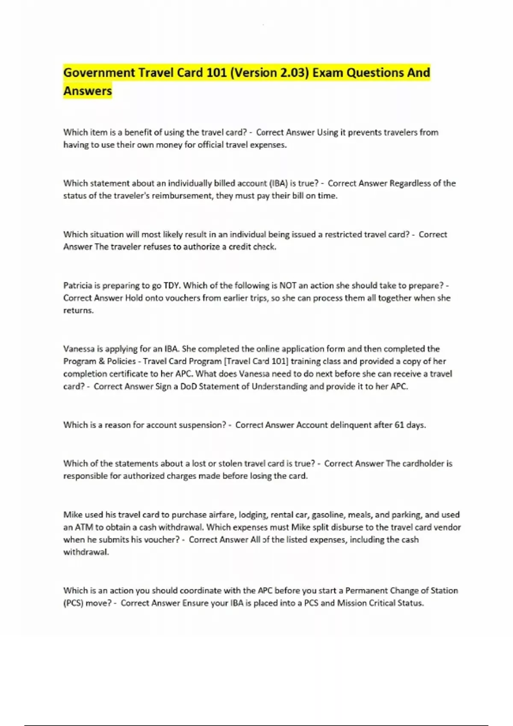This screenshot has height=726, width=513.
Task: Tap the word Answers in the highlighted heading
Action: pos(88,91)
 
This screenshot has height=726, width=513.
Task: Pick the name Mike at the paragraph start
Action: pos(72,515)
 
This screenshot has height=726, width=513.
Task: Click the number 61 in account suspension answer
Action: pos(399,425)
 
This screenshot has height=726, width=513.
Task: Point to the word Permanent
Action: pos(366,591)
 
